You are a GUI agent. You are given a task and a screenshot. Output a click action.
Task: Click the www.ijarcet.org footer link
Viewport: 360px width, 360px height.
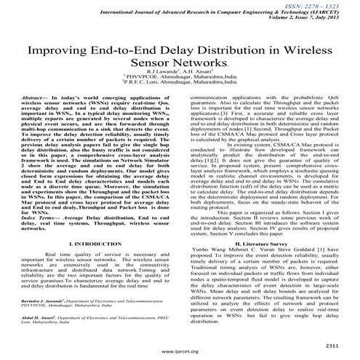coord(180,352)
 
